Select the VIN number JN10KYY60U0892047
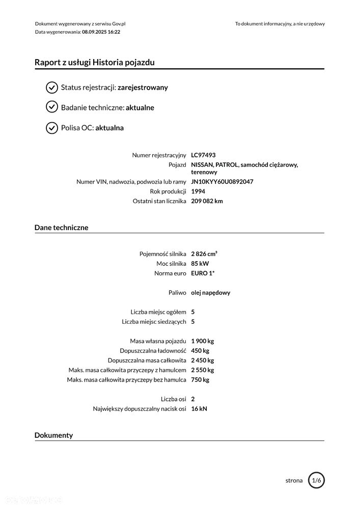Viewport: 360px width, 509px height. pyautogui.click(x=222, y=182)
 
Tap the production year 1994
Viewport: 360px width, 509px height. pyautogui.click(x=198, y=191)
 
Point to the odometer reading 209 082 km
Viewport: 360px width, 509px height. pyautogui.click(x=207, y=201)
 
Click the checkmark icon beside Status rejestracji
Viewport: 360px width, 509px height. pyautogui.click(x=52, y=88)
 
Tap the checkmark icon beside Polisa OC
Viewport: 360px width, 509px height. pyautogui.click(x=52, y=128)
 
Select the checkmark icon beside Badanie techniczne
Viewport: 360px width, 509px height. pyautogui.click(x=52, y=107)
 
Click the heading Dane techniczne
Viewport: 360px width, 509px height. pyautogui.click(x=61, y=228)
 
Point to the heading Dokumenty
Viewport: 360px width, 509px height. pyautogui.click(x=53, y=435)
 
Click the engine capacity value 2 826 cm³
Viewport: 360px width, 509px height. pyautogui.click(x=204, y=253)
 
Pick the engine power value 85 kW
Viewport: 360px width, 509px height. pyautogui.click(x=200, y=264)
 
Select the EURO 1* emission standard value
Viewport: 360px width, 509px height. pyautogui.click(x=203, y=273)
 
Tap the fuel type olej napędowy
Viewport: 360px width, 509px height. pyautogui.click(x=211, y=293)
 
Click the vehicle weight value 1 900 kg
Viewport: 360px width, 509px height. pyautogui.click(x=202, y=341)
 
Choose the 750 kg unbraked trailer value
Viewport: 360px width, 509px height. pyautogui.click(x=200, y=380)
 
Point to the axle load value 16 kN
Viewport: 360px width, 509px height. pyautogui.click(x=199, y=409)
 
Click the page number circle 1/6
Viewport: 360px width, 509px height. pyautogui.click(x=316, y=480)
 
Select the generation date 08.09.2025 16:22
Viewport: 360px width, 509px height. pyautogui.click(x=101, y=32)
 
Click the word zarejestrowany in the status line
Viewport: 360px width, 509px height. pyautogui.click(x=143, y=88)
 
